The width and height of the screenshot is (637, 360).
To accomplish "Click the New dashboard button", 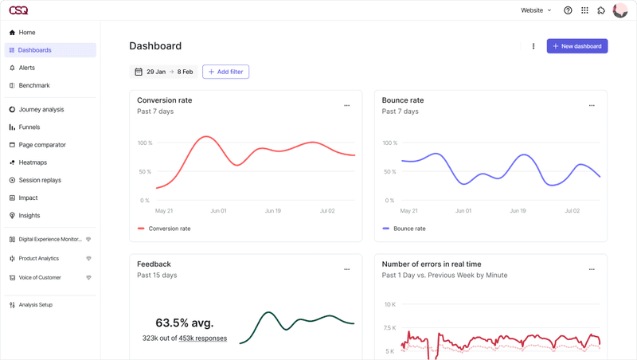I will pos(577,46).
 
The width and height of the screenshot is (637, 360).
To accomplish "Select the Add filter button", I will pos(225,72).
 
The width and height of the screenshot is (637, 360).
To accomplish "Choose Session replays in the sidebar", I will pos(40,180).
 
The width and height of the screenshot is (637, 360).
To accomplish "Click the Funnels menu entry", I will pos(29,127).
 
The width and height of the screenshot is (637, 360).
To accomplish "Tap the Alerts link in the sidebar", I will pos(26,68).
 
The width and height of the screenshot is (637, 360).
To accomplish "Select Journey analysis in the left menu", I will pos(41,110).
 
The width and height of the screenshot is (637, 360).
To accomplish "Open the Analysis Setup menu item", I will pos(35,305).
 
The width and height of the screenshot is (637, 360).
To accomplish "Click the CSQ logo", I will pos(18,10).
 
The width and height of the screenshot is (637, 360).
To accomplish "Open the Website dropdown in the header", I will pos(536,10).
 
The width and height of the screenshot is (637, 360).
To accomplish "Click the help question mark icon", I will pos(568,10).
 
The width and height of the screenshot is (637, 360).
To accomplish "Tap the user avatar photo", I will pos(620,10).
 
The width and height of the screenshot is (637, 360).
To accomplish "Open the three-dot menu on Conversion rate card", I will pos(346,105).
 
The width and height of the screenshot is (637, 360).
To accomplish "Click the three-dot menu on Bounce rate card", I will pos(592,105).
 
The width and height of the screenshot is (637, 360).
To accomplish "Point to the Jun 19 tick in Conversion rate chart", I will pos(272,211).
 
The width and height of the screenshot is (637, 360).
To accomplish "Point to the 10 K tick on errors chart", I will pos(390,305).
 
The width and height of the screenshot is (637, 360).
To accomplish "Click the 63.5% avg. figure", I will pos(184,323).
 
